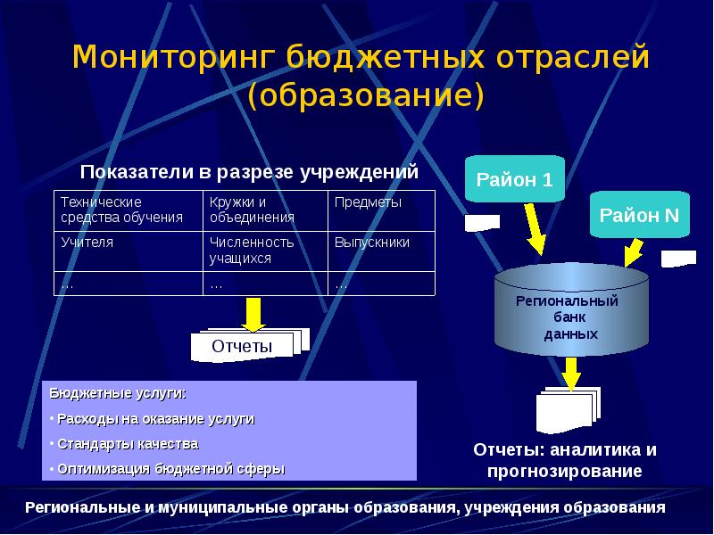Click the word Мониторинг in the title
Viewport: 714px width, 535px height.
pos(174,58)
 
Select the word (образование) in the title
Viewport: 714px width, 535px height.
pos(365,95)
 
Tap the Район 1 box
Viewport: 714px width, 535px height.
pos(515,179)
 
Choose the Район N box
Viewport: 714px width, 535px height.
pos(640,215)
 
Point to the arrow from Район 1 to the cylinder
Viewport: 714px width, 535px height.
pos(534,229)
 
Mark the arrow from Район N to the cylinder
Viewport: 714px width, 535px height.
pos(633,253)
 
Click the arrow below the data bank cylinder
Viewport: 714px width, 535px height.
pos(571,374)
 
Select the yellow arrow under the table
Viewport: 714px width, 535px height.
pos(253,315)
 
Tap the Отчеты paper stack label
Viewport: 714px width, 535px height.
pos(242,347)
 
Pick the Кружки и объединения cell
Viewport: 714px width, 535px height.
pos(265,210)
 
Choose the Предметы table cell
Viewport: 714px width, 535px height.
pos(381,210)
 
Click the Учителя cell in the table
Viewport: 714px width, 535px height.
pos(129,251)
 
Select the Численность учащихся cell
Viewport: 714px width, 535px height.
pos(265,251)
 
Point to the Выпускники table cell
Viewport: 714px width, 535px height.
pos(381,251)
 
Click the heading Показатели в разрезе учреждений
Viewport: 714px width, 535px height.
pos(249,172)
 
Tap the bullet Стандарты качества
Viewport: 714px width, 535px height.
pos(128,444)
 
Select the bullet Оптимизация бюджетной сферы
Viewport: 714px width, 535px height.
pos(171,469)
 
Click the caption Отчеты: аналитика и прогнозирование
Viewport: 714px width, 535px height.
pos(565,460)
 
